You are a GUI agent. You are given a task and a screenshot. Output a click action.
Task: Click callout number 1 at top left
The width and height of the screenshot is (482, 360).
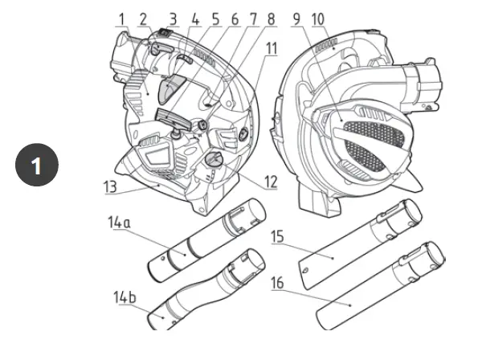(121, 16)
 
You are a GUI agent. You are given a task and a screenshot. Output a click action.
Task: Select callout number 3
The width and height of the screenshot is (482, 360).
(173, 16)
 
